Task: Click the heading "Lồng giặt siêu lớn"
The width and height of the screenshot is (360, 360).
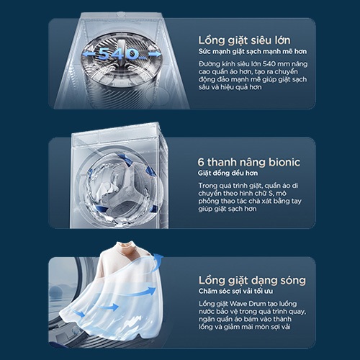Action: [244, 40]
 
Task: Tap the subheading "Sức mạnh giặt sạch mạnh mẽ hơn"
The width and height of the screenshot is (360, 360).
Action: [253, 52]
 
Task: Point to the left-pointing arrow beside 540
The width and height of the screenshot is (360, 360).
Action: [89, 54]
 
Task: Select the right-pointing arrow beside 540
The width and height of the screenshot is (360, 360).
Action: [155, 54]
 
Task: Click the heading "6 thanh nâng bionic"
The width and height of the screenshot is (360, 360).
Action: [248, 162]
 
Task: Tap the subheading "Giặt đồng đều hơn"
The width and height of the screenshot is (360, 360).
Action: [228, 173]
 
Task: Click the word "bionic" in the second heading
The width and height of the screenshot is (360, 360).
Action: [284, 162]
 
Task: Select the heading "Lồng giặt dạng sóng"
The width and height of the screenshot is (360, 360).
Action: [252, 280]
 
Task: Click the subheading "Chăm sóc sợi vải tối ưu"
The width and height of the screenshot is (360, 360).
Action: [235, 291]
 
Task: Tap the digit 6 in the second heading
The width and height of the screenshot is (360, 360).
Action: [201, 163]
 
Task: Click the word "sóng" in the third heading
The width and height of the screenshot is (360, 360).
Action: [292, 280]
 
